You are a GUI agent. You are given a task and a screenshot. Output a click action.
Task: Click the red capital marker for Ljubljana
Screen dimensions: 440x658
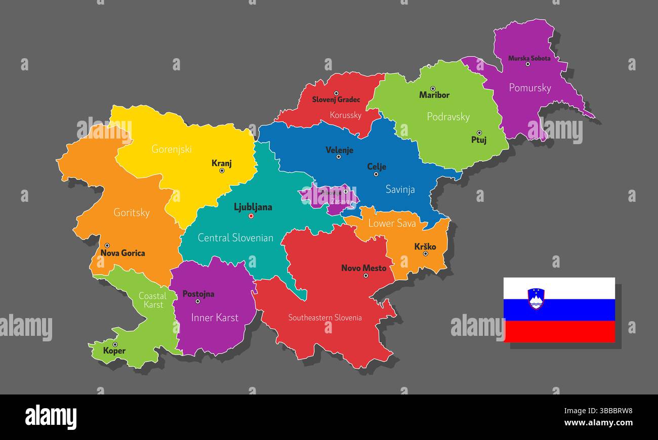pos(251,216)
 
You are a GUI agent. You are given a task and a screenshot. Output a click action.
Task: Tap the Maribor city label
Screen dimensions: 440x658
pos(434,95)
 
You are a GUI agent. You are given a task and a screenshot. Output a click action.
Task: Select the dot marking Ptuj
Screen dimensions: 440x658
pos(479,133)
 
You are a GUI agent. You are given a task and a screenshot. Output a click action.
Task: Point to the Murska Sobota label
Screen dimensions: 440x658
pos(529,58)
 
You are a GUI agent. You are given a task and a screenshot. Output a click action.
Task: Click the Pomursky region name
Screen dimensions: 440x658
pos(529,88)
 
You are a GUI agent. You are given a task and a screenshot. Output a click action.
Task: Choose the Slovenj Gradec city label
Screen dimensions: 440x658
pos(336,100)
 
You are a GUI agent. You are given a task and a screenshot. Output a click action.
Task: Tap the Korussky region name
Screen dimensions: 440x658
pos(345,115)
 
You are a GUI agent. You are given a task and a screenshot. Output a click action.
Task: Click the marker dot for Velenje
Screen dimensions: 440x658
pos(339,157)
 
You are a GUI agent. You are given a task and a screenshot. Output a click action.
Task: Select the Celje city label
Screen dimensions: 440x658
pos(376,166)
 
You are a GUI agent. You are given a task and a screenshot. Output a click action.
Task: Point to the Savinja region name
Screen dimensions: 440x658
pos(400,190)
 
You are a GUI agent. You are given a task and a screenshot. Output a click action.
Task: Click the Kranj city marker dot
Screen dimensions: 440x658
pos(222,171)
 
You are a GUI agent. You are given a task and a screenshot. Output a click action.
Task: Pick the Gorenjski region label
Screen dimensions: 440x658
pos(172,149)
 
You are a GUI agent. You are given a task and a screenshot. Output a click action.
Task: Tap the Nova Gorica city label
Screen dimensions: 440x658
pos(122,253)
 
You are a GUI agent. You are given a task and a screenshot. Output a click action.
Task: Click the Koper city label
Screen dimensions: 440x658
pos(114,351)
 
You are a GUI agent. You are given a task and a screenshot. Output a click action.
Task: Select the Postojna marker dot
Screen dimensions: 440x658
pos(197,301)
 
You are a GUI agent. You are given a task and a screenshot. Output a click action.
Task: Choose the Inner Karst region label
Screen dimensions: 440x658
pos(215,318)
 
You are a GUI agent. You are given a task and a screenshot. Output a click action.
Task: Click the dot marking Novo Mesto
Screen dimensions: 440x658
pos(365,276)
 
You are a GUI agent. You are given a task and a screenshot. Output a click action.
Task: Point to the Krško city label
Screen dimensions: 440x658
pos(425,247)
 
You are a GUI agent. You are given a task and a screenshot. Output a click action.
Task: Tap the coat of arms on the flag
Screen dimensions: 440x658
pos(536,298)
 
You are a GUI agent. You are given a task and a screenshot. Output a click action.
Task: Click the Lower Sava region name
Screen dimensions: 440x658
pos(392,223)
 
